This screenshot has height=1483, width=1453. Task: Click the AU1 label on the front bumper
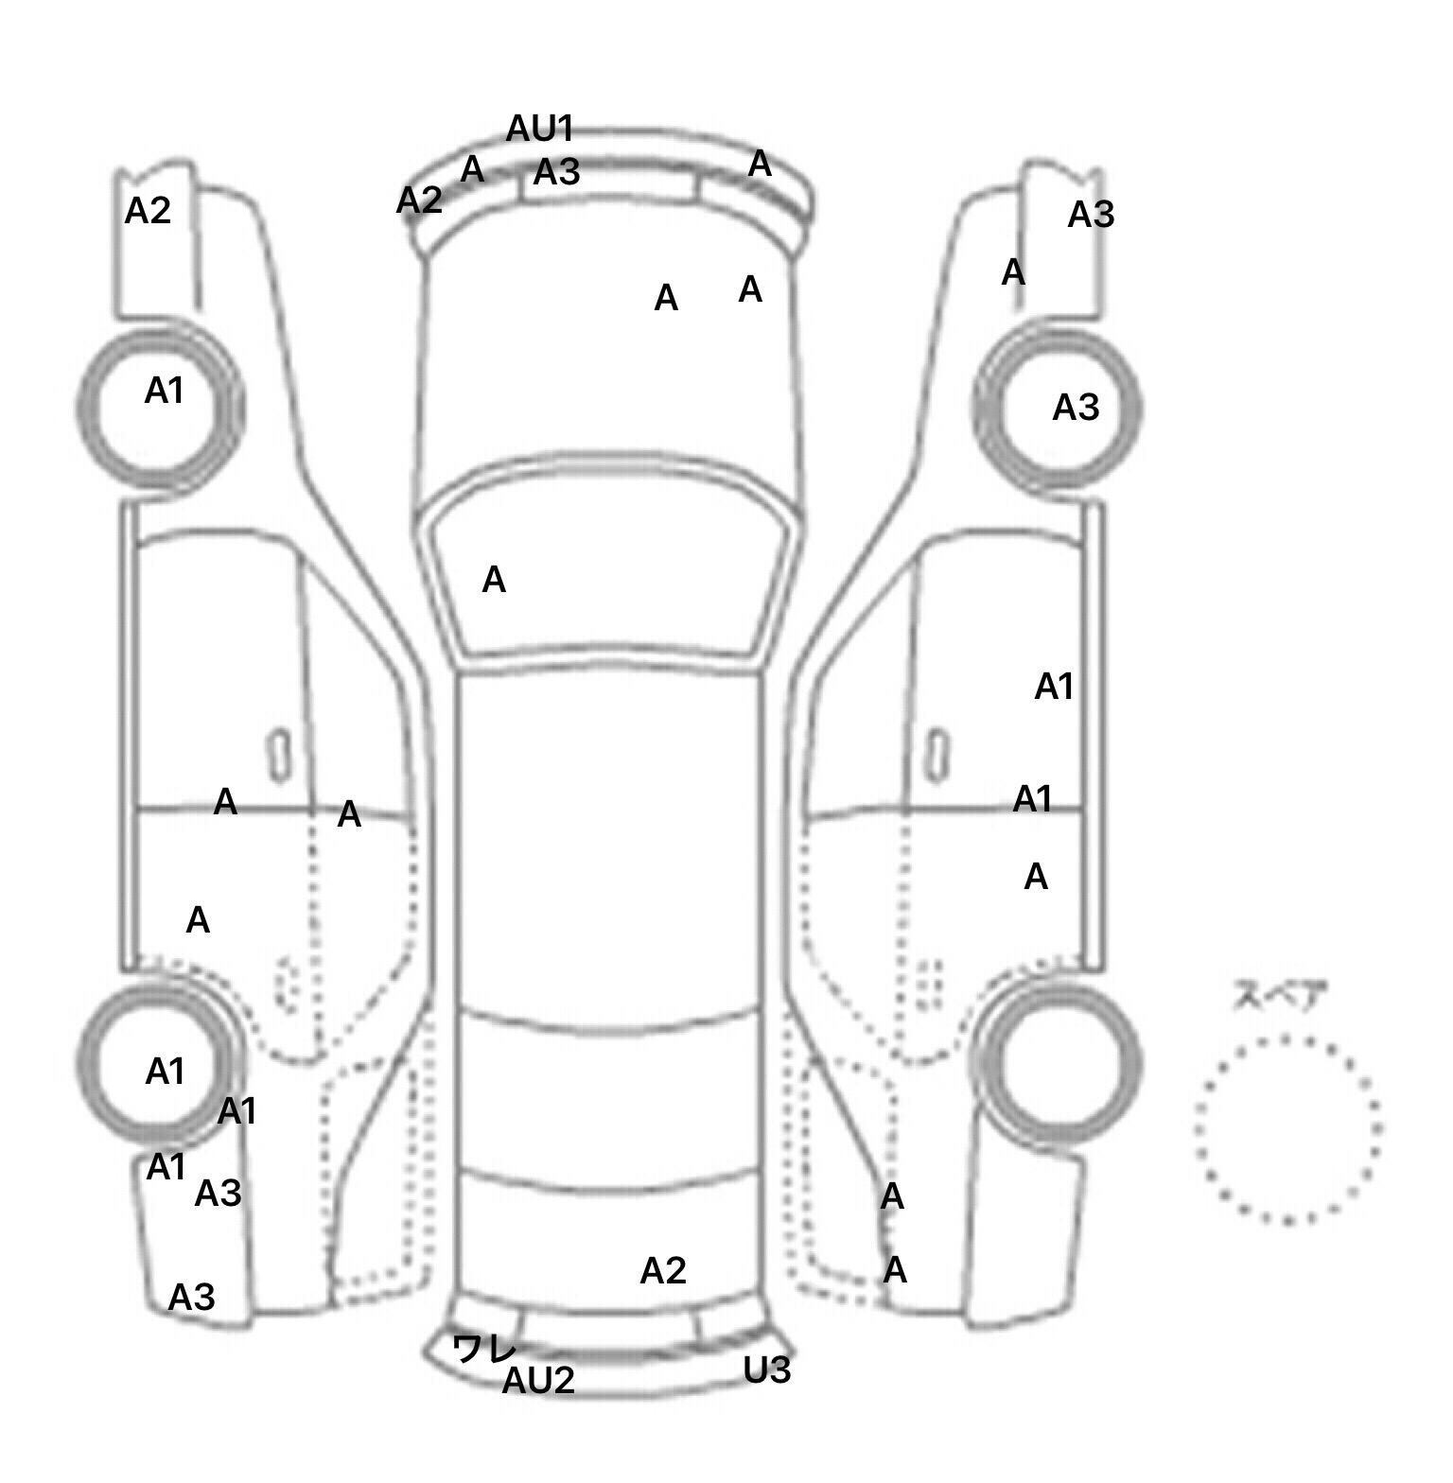[x=540, y=129]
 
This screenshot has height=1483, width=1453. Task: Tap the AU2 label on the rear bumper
[x=538, y=1382]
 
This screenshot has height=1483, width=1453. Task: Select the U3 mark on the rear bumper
[x=767, y=1370]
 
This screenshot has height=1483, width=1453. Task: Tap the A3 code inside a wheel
[x=1076, y=408]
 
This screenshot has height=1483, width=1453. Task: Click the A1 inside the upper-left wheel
[x=164, y=391]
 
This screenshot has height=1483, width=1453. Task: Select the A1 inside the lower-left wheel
[x=165, y=1072]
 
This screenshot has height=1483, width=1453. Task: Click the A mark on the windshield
[x=494, y=580]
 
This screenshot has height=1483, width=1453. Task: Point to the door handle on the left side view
[x=279, y=756]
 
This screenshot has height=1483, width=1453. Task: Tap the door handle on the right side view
[x=937, y=756]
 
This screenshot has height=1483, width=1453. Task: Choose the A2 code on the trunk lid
[x=663, y=1271]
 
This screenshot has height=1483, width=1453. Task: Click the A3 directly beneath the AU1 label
[x=556, y=172]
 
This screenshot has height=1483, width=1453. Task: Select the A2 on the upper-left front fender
[x=149, y=210]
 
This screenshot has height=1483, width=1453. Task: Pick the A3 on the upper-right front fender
[x=1091, y=216]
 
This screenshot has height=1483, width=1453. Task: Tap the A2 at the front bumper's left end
[x=419, y=201]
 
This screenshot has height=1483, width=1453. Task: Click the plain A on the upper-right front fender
[x=1013, y=272]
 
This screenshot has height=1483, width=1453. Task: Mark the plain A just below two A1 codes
[x=1036, y=878]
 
